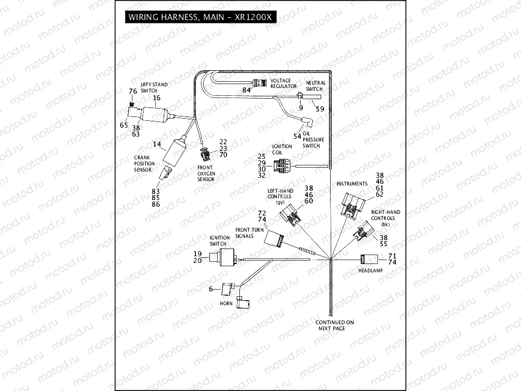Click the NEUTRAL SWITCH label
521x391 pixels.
coord(315,86)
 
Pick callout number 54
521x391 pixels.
coord(297,136)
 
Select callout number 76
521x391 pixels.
coord(132,91)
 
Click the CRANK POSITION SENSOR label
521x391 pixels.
coord(143,164)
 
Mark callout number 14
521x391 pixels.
coord(157,144)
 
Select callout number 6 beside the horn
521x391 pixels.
coord(211,289)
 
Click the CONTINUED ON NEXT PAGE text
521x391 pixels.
coord(335,325)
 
